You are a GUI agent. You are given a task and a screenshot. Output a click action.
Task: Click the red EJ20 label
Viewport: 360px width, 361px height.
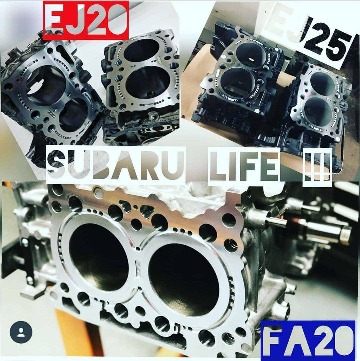point(86,20)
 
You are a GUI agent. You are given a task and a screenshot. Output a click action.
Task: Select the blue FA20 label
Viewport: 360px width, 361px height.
point(308,340)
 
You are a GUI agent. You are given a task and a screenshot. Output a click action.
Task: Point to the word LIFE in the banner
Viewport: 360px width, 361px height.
point(244,165)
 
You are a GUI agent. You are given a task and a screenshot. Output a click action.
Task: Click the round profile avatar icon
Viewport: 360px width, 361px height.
point(21,332)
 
